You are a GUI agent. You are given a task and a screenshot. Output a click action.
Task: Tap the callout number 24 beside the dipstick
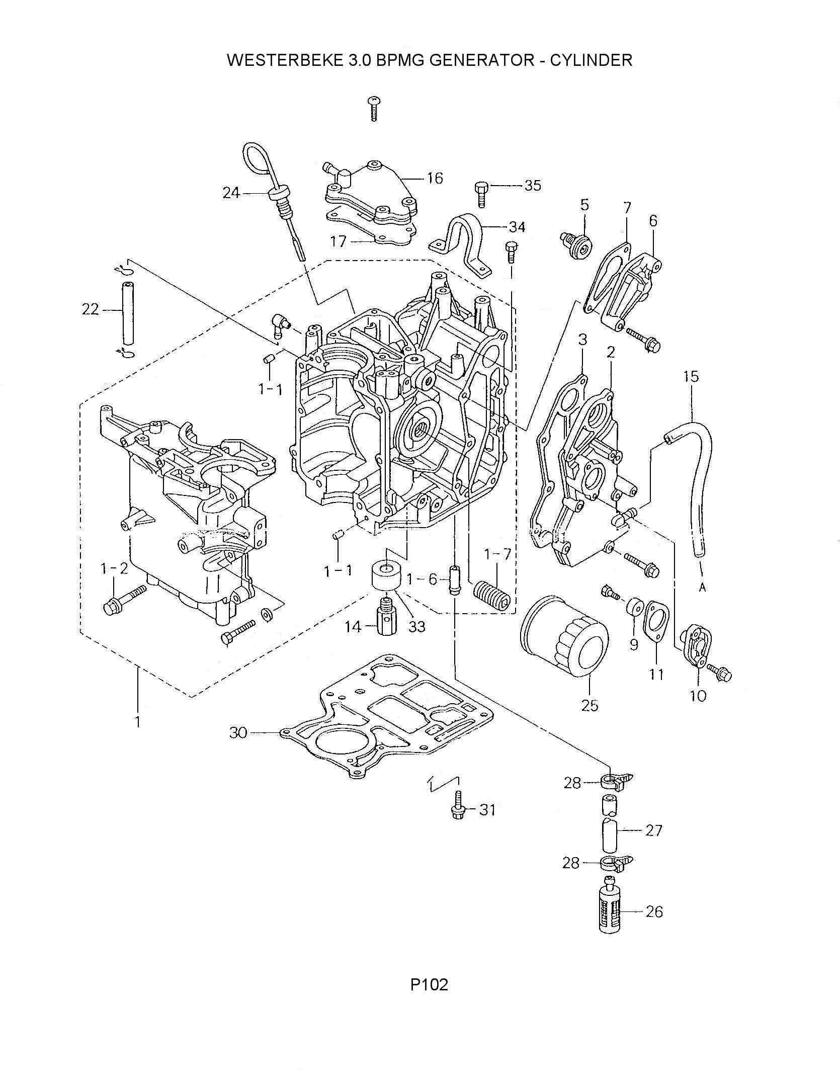click(x=231, y=193)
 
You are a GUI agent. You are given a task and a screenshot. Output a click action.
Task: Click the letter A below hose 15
click(x=703, y=588)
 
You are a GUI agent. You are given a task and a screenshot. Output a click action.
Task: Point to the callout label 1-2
click(x=114, y=569)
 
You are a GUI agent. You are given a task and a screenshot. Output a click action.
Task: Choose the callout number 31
click(x=487, y=810)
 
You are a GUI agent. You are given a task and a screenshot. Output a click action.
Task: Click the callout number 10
click(x=699, y=695)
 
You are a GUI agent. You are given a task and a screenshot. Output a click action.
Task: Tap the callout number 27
click(x=653, y=830)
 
